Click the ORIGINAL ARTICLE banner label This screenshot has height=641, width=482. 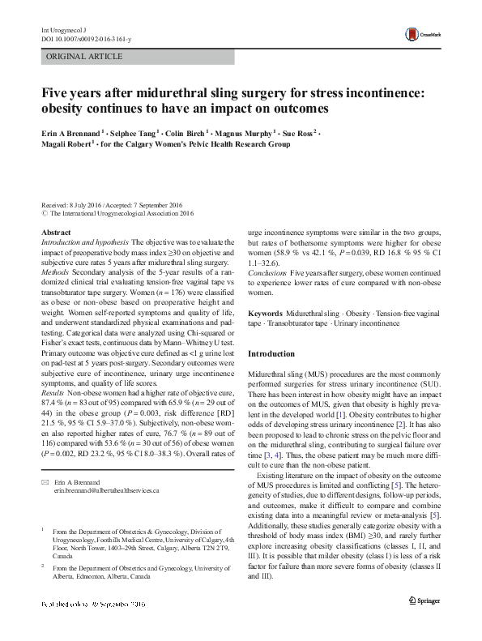85,57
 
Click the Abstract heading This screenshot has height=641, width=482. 55,233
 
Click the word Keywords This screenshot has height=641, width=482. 265,313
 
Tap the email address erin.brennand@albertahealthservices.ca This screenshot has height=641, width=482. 107,491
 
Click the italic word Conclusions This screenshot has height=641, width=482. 267,273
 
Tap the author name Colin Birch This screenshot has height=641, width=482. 185,132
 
